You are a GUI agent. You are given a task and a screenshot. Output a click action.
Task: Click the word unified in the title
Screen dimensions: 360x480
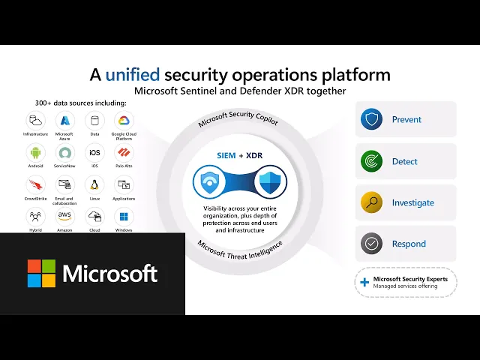133,75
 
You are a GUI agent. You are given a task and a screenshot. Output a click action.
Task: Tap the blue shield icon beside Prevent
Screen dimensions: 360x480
371,119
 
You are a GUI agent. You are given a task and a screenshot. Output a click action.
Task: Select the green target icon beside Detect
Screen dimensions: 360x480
371,160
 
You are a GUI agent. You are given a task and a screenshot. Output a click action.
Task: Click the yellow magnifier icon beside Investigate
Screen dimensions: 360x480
371,202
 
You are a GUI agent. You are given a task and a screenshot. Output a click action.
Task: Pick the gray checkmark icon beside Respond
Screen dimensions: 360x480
371,244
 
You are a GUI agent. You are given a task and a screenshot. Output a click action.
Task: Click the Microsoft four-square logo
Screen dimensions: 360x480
41,274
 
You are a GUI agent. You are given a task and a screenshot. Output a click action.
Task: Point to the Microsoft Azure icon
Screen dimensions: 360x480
64,120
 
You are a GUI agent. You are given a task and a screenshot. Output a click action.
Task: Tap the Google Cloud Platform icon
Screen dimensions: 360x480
124,120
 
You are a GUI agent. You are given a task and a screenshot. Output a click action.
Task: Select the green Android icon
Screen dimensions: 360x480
35,152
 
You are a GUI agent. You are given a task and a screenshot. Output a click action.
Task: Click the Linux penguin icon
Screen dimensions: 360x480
94,184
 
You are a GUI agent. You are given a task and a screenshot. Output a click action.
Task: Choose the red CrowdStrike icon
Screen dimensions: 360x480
35,184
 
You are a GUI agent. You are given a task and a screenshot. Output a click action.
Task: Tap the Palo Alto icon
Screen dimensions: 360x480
124,152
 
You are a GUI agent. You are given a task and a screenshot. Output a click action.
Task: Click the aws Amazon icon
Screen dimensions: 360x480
64,217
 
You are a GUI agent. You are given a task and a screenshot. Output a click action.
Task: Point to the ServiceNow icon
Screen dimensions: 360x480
64,152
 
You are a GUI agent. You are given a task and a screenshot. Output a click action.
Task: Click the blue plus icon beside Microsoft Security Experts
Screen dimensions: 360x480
365,282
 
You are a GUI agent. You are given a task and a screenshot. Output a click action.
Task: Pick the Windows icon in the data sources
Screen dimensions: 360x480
124,217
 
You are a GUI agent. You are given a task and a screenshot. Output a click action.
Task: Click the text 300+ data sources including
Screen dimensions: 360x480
70,102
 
